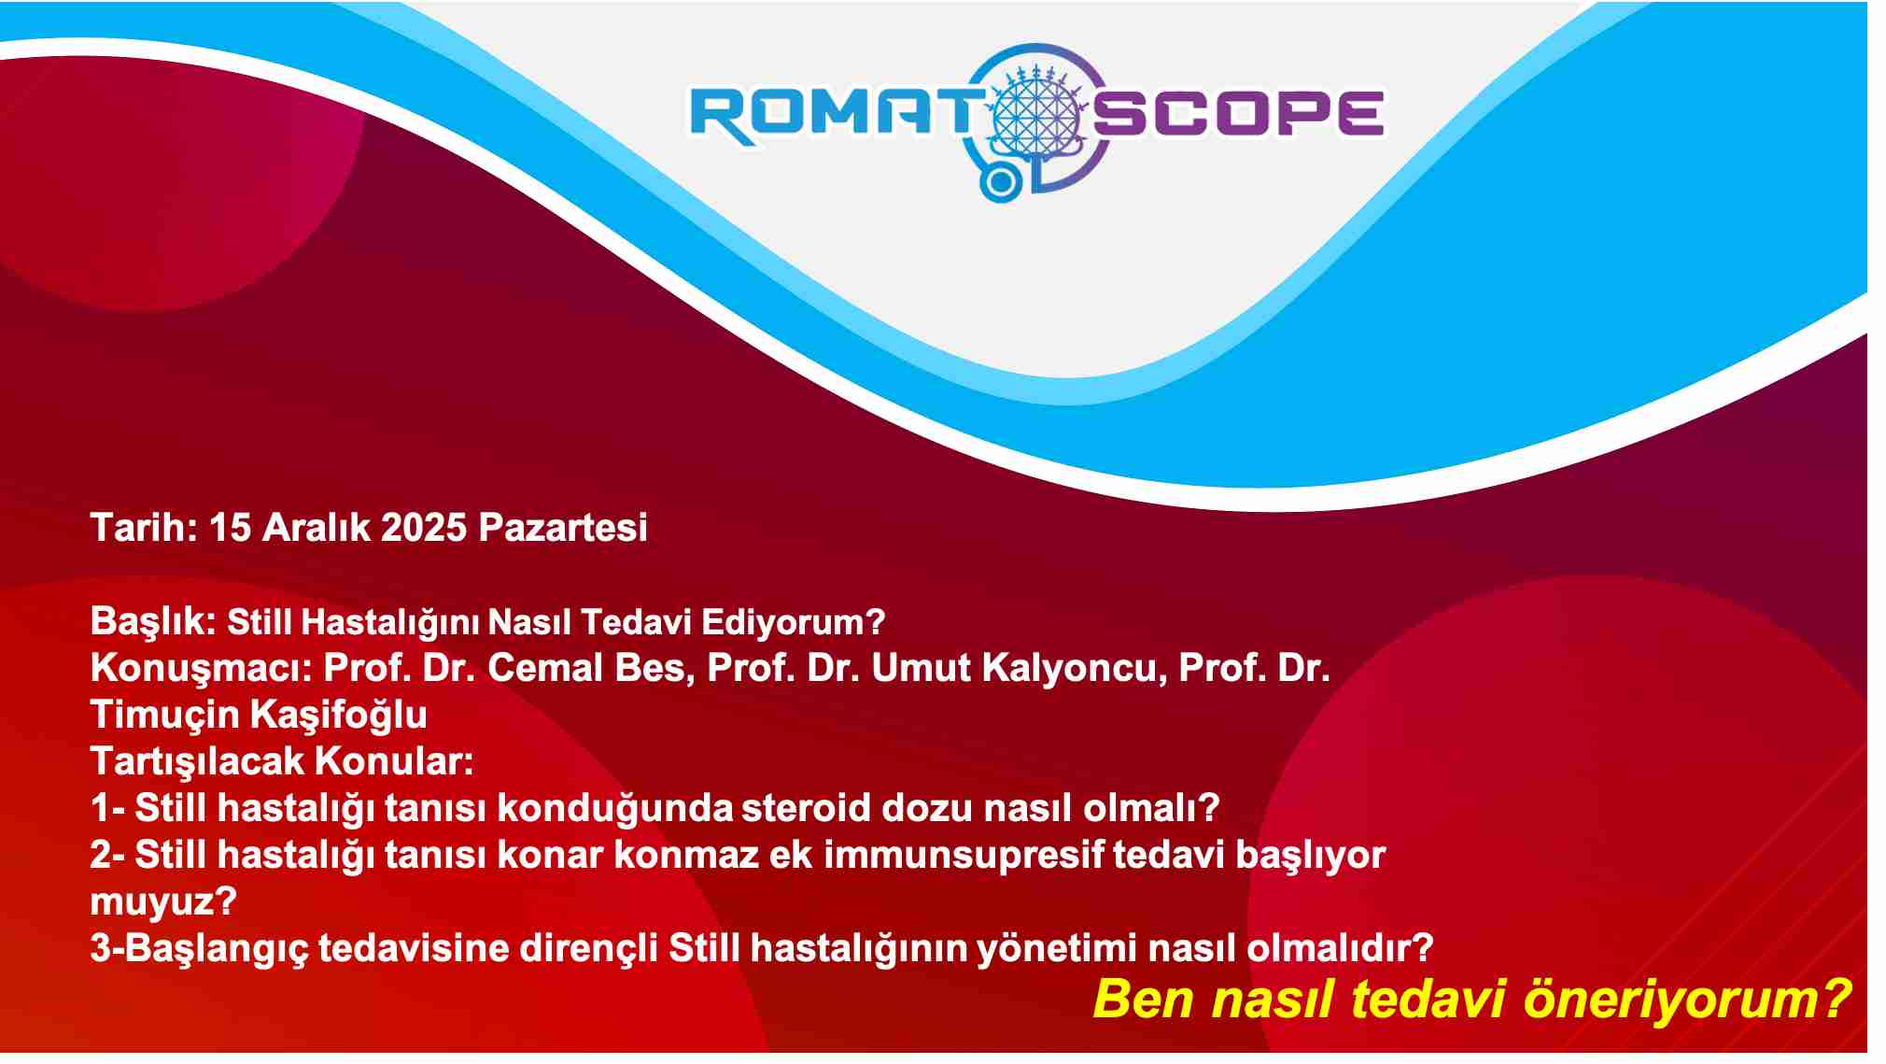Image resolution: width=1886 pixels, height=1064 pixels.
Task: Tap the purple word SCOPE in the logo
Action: pos(1238,113)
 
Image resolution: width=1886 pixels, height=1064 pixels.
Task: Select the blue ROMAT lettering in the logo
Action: pos(831,115)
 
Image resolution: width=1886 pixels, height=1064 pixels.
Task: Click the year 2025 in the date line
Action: pos(424,528)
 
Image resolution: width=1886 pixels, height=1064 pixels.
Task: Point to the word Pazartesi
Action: pos(563,528)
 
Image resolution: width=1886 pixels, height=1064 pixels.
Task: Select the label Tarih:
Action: pos(144,528)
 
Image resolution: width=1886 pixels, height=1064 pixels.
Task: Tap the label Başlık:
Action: pos(154,622)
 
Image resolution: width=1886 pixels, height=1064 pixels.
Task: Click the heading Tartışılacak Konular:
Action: pos(282,761)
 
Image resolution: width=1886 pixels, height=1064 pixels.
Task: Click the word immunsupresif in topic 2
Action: pos(964,856)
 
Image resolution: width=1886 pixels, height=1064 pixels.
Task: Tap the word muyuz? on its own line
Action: pos(163,902)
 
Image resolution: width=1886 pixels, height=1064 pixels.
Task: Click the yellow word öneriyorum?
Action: pos(1686,999)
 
